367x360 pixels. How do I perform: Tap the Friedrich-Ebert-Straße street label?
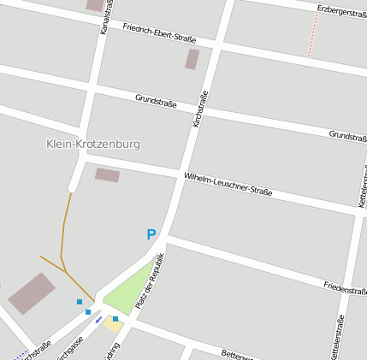(x=159, y=32)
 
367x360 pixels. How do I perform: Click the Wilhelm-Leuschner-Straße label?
(x=228, y=184)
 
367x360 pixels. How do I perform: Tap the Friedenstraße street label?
(x=346, y=288)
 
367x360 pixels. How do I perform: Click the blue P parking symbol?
(x=151, y=234)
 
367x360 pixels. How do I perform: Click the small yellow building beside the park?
(x=113, y=324)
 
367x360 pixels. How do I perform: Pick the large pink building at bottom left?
(x=32, y=293)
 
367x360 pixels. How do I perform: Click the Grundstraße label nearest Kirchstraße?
(x=156, y=100)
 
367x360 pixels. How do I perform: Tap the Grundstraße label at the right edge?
(x=347, y=136)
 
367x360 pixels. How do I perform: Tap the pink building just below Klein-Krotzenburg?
(x=107, y=174)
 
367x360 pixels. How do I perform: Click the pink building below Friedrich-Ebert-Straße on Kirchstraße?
(x=192, y=59)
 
